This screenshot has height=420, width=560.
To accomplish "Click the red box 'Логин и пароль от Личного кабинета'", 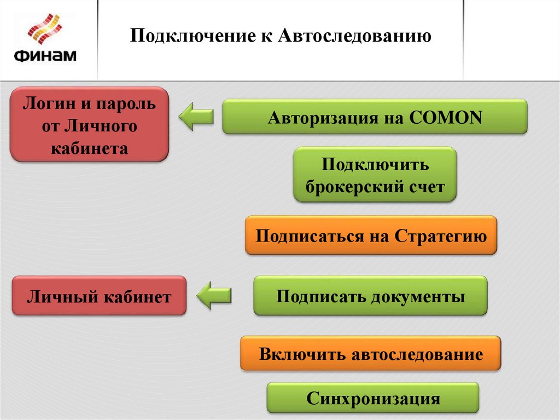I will (x=89, y=124).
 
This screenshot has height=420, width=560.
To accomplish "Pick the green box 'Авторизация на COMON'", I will (x=375, y=117).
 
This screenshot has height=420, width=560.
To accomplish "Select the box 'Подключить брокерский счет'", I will (x=375, y=175).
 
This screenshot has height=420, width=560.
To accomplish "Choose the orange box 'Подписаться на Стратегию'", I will (x=371, y=235).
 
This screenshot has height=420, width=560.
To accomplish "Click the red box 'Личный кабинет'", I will (x=99, y=296).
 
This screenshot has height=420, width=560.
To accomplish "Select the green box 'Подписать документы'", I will (x=370, y=296).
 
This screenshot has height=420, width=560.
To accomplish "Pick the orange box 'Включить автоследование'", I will (x=370, y=354).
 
